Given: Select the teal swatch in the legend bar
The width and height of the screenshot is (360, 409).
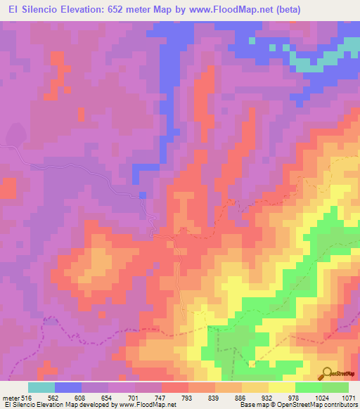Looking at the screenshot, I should coord(41,387).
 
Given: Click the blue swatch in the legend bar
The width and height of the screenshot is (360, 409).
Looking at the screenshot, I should coord(67,387).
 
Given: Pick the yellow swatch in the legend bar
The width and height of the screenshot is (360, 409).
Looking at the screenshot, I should coord(282,387).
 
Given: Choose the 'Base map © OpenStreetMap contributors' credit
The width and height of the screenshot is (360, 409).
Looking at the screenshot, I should coord(296,405).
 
